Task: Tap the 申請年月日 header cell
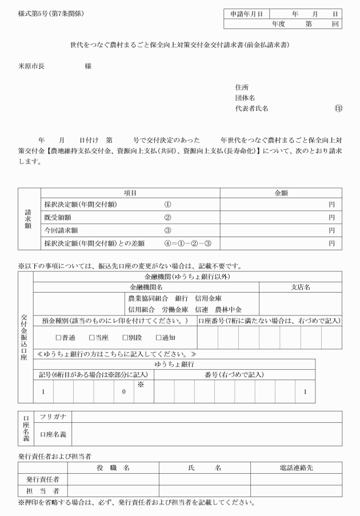tap(246, 14)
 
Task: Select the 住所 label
tap(242, 87)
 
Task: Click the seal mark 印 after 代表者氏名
tap(339, 108)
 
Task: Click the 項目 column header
tap(130, 194)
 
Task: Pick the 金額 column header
tap(282, 194)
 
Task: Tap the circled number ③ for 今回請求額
tap(167, 230)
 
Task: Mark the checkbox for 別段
tap(125, 338)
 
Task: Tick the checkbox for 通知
tap(158, 338)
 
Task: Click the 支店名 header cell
tap(301, 286)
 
